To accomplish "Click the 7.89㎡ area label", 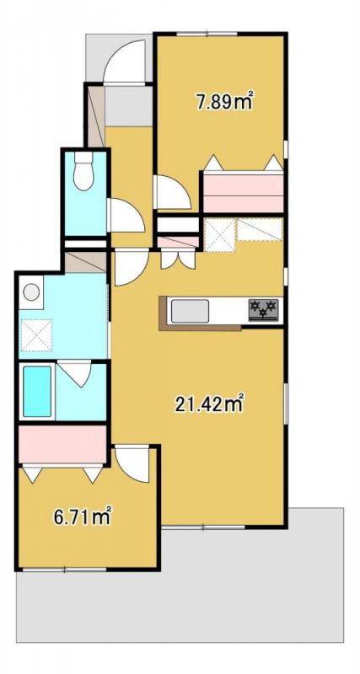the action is coord(223,101).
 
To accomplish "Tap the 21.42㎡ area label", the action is coord(209,404).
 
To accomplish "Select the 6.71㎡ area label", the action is coord(83,517).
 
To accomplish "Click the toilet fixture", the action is coord(83,171).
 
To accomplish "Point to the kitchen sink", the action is coord(190,311).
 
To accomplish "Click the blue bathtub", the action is coord(37,392).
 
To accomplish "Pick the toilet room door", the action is coord(125,215).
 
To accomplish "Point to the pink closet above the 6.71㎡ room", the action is coord(62,445).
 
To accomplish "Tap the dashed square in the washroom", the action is coord(36,335).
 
